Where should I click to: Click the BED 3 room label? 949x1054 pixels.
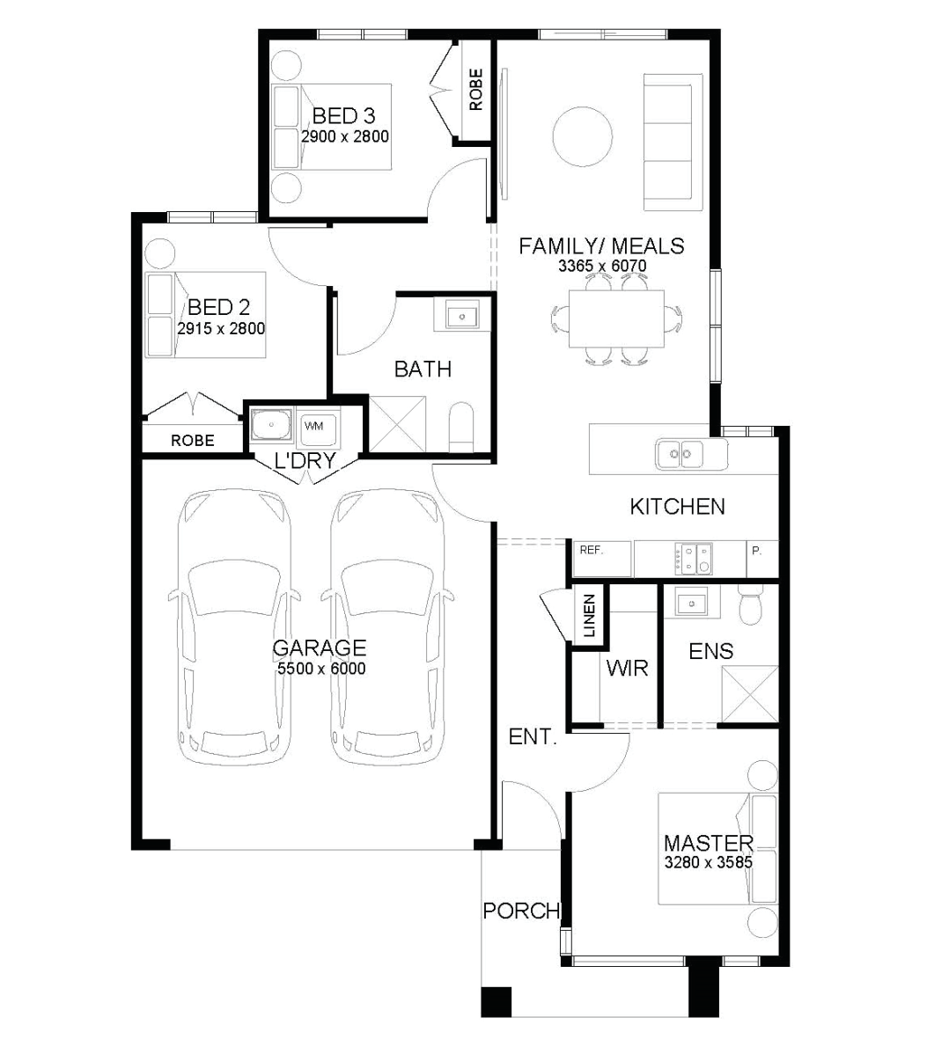point(343,115)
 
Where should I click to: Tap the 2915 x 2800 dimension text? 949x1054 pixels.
point(221,329)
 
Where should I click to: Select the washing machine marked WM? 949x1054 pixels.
point(318,428)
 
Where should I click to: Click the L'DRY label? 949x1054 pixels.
point(305,460)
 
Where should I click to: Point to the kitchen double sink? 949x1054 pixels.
point(680,454)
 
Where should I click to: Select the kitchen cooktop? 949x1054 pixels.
point(694,559)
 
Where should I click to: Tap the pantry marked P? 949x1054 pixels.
point(762,559)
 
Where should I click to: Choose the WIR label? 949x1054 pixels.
point(627,668)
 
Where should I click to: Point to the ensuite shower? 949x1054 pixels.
point(750,694)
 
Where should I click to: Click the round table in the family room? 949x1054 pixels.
point(583,136)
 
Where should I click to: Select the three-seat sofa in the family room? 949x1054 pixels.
point(668,142)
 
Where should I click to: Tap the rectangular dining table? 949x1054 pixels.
point(616,318)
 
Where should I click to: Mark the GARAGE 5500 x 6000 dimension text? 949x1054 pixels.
point(321,669)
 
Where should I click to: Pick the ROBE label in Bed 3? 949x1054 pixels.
point(475,90)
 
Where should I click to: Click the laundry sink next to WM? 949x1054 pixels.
point(271,425)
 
